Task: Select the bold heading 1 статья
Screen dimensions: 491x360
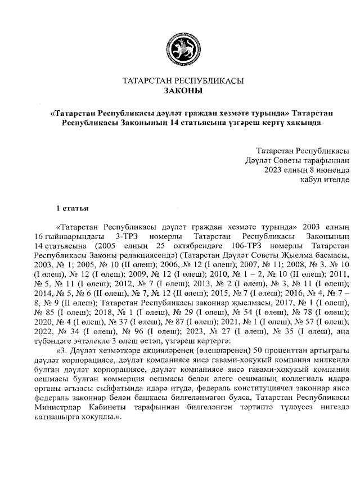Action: click(72, 209)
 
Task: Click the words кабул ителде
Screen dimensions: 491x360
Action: click(326, 179)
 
